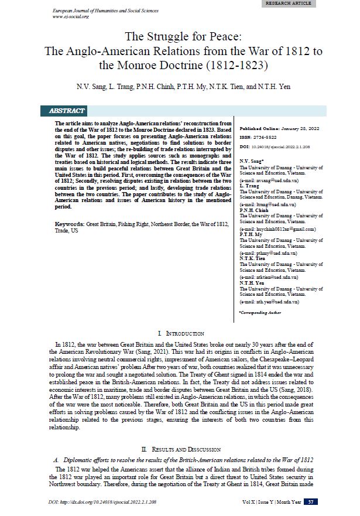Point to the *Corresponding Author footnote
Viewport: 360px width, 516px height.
[x=260, y=313]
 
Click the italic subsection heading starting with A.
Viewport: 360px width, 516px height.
[x=182, y=459]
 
